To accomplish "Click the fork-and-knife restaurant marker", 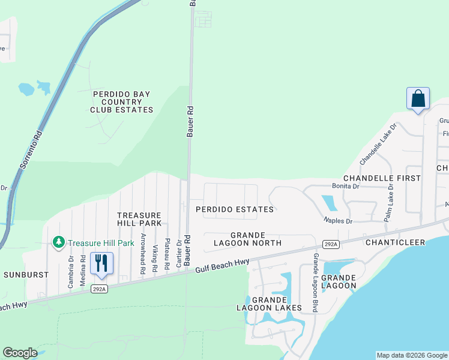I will (100, 263).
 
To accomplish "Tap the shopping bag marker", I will (418, 98).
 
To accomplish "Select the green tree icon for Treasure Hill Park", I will (59, 242).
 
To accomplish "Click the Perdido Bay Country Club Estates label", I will (121, 102).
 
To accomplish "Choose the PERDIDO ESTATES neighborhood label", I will (235, 209).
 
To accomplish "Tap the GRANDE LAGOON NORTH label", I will (247, 239).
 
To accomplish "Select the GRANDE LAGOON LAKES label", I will (277, 304).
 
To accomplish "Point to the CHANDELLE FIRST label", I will (382, 178).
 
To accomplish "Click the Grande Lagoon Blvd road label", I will (314, 282).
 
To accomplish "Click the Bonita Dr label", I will (347, 187).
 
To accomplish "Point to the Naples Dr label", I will (338, 221).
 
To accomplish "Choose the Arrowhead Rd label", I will (143, 254).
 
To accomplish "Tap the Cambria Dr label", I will (70, 272).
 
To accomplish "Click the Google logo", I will (20, 353).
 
